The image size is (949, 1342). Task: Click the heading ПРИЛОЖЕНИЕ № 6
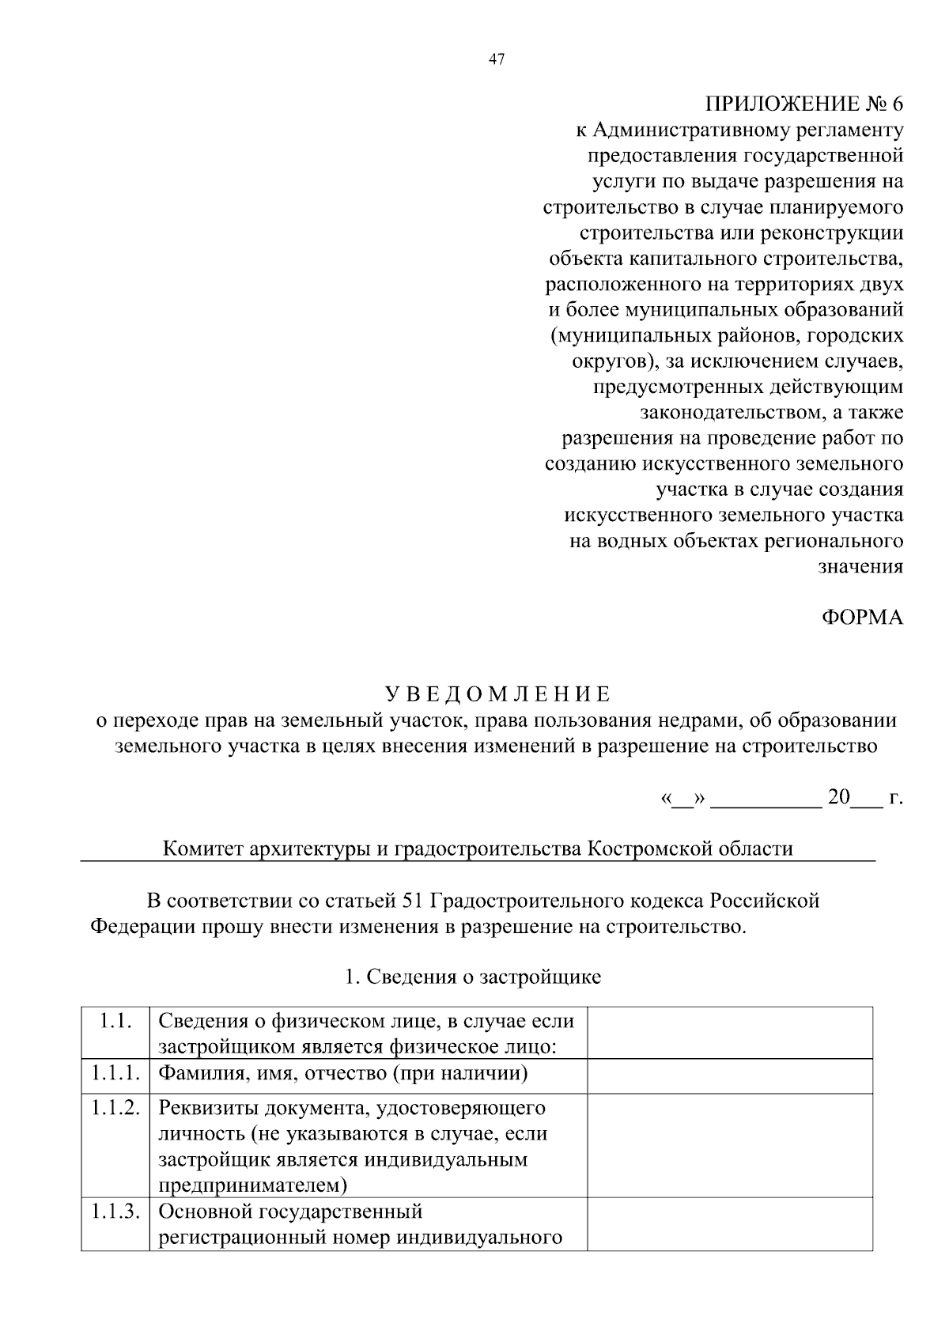point(803,104)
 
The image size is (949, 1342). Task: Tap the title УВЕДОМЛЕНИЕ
point(497,694)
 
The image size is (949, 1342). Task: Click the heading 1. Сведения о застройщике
point(473,977)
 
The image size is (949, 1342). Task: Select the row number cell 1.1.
point(115,1021)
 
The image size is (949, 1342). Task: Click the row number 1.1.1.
point(115,1074)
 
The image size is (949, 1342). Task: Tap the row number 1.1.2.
point(115,1109)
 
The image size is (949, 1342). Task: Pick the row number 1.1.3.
point(115,1212)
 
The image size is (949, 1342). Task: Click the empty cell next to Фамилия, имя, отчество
point(729,1075)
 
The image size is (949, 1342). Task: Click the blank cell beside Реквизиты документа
point(729,1145)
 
